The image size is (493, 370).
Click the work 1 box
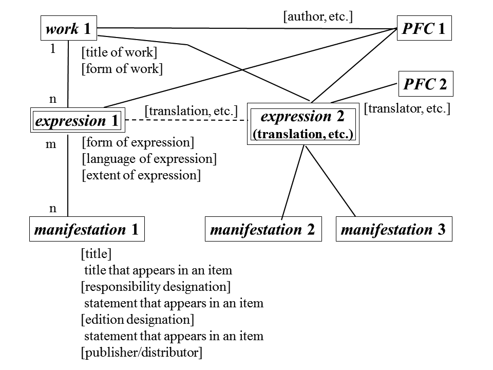point(68,29)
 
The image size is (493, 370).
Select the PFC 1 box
point(424,29)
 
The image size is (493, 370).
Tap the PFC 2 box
point(425,84)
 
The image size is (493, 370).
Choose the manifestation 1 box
point(86,229)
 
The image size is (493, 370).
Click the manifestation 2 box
point(262,229)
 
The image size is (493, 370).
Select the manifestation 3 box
point(393,229)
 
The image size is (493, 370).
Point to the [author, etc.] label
point(318,16)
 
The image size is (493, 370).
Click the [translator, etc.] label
point(407,109)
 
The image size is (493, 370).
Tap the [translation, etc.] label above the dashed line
point(191,110)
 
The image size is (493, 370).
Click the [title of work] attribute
point(119,52)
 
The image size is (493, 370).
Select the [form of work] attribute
point(122,69)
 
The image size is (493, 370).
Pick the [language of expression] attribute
point(149,159)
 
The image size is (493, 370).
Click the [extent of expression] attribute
point(141,175)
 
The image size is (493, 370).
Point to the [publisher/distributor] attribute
point(142,353)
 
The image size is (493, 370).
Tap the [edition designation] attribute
point(138,320)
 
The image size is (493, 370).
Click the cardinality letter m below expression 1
point(50,144)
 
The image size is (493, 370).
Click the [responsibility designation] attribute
point(156,286)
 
